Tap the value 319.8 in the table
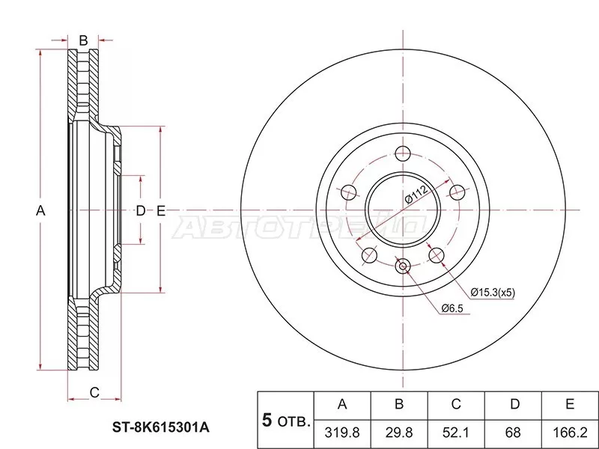pos(342,433)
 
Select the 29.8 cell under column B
pos(399,433)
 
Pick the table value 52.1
pos(456,433)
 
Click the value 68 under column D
pos(514,433)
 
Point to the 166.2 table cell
pos(570,433)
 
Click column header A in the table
pos(342,405)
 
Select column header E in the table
pos(570,405)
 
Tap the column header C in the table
pos(456,405)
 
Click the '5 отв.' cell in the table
pos(285,419)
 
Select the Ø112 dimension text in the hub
pos(416,198)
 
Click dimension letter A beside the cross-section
pos(41,211)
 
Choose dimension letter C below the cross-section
pos(94,392)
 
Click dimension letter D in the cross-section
pos(140,211)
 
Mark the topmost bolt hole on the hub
pos(403,153)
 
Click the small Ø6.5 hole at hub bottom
pos(403,265)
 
